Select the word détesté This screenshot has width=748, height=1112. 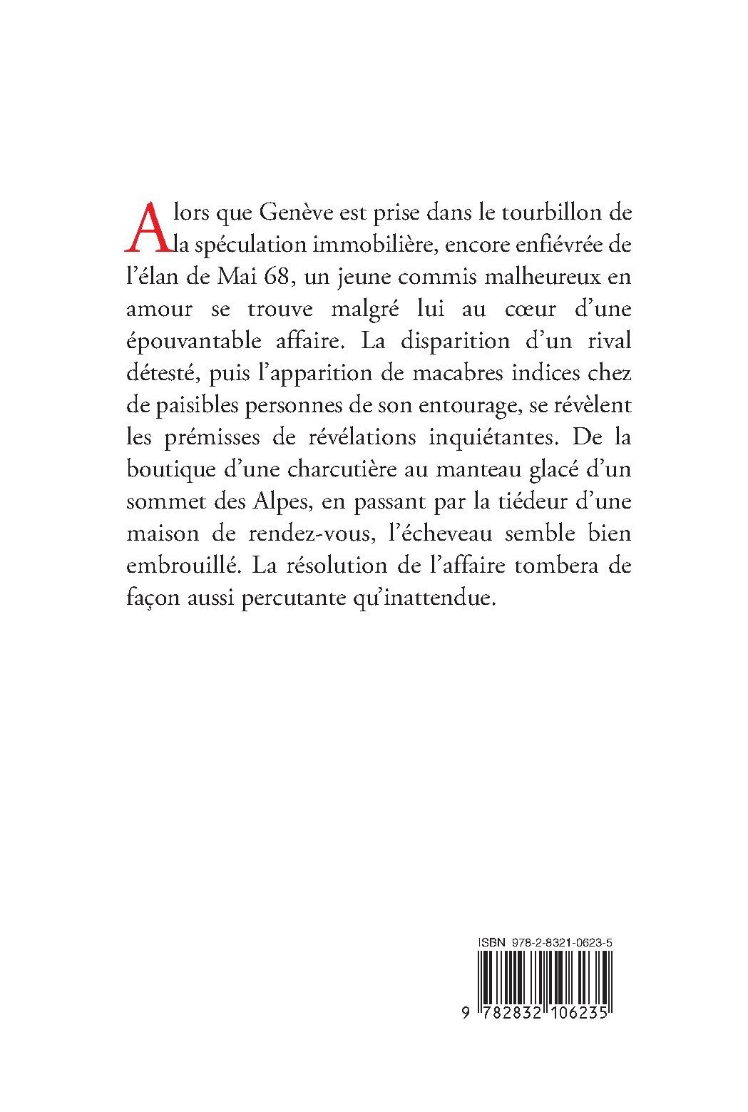click(x=157, y=373)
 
